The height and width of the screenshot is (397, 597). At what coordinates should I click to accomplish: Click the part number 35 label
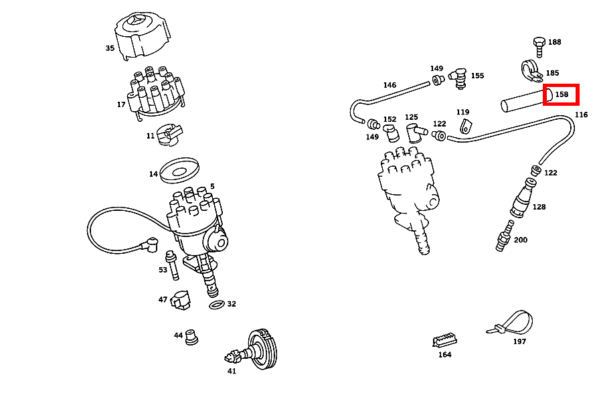pos(110,48)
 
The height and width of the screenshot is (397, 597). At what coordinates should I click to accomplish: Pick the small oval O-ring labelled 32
pos(216,305)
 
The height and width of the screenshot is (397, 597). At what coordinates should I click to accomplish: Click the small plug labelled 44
pos(193,336)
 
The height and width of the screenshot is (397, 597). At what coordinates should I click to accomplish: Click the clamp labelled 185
pos(530,70)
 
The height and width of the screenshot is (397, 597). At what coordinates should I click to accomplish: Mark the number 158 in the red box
pos(562,95)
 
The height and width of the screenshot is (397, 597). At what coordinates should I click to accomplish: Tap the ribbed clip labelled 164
pos(444,340)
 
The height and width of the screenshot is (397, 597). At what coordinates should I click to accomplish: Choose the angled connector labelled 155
pos(458,76)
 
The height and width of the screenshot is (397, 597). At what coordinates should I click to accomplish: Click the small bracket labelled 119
pos(466,125)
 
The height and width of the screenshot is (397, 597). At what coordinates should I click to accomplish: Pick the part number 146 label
pos(390,85)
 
